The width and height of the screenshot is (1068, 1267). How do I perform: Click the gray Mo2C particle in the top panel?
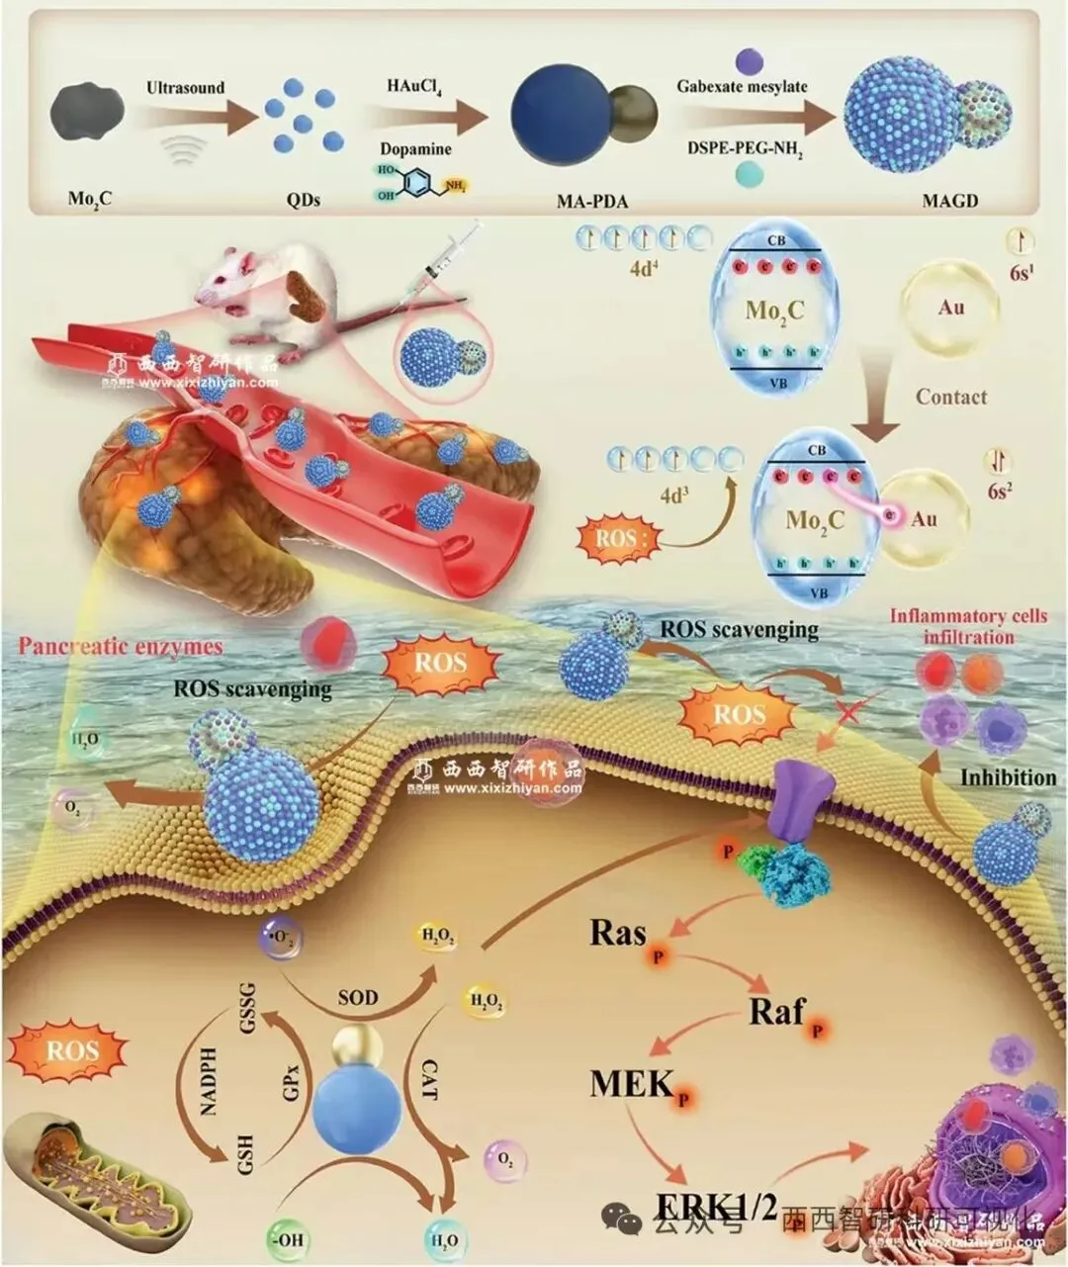click(88, 111)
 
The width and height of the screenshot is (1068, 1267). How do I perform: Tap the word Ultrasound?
click(185, 88)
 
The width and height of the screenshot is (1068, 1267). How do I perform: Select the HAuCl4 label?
click(414, 87)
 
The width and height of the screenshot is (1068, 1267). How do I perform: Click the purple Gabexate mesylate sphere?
click(743, 58)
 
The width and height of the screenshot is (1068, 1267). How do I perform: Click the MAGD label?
click(925, 201)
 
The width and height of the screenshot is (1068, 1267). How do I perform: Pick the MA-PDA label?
click(584, 201)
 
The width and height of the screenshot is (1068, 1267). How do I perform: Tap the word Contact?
click(950, 397)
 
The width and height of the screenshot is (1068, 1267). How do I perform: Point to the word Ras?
click(618, 933)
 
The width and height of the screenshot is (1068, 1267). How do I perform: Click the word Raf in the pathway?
click(777, 1011)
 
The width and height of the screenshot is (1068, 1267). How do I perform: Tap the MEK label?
click(632, 1083)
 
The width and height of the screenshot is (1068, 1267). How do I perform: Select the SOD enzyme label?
click(357, 996)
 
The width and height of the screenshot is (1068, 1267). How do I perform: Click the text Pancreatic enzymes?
click(120, 647)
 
